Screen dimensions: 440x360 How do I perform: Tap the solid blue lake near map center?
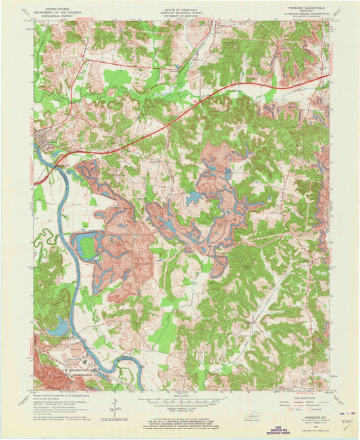coord(196,198)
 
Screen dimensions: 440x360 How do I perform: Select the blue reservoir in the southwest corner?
coord(59,329)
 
